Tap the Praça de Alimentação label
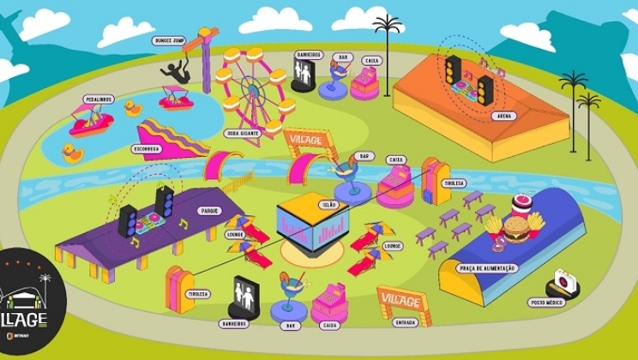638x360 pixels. pos(491,268)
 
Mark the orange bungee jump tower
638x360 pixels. pos(206,56)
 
